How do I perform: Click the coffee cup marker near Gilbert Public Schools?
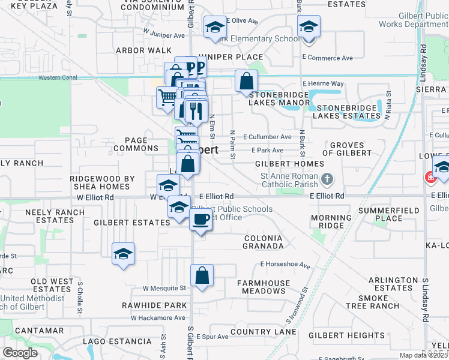[x=201, y=220]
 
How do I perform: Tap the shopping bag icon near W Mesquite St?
[x=202, y=275]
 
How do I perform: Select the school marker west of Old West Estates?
[x=123, y=254]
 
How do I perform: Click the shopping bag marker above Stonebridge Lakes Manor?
[x=246, y=81]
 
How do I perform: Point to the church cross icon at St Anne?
[x=327, y=179]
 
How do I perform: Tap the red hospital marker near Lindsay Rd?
[x=430, y=178]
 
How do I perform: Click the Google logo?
[x=20, y=353]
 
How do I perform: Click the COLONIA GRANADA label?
[x=263, y=242]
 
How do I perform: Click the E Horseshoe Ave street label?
[x=285, y=264]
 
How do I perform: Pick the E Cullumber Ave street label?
[x=267, y=137]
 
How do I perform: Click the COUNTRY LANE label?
[x=259, y=332]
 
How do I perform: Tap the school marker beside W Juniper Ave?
[x=214, y=28]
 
